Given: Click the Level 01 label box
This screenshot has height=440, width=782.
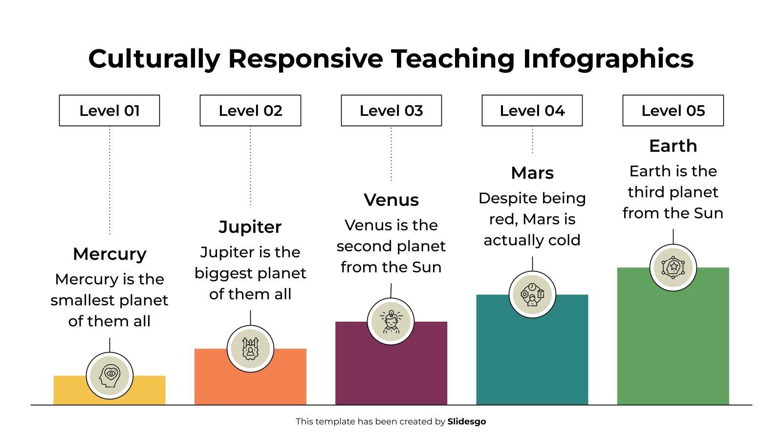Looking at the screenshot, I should coord(109,110).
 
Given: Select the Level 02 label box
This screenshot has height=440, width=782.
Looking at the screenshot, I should coord(250,110).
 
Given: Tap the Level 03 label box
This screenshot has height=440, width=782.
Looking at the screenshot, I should coord(391,110).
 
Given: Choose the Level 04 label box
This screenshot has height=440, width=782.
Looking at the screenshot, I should coord(532,110).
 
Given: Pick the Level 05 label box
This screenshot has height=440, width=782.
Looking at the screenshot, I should coord(673,110).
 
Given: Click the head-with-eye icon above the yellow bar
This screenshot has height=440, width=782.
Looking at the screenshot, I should coord(109,375).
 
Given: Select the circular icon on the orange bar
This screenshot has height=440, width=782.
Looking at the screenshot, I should coord(250,349).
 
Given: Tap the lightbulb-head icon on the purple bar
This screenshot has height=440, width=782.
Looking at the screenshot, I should coord(391,322).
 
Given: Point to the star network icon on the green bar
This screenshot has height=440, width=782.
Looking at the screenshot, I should coord(673,267).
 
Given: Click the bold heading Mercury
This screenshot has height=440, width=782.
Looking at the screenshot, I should coord(109,254).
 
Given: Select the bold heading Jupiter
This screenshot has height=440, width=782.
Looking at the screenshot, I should coord(250,227).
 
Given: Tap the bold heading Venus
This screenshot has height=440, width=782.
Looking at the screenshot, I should coord(391,200).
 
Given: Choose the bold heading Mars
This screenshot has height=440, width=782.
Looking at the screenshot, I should coord(532,173).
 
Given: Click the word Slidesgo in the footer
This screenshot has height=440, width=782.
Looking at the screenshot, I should coord(466,421).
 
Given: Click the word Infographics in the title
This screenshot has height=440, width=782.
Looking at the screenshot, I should coord(608,59).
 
